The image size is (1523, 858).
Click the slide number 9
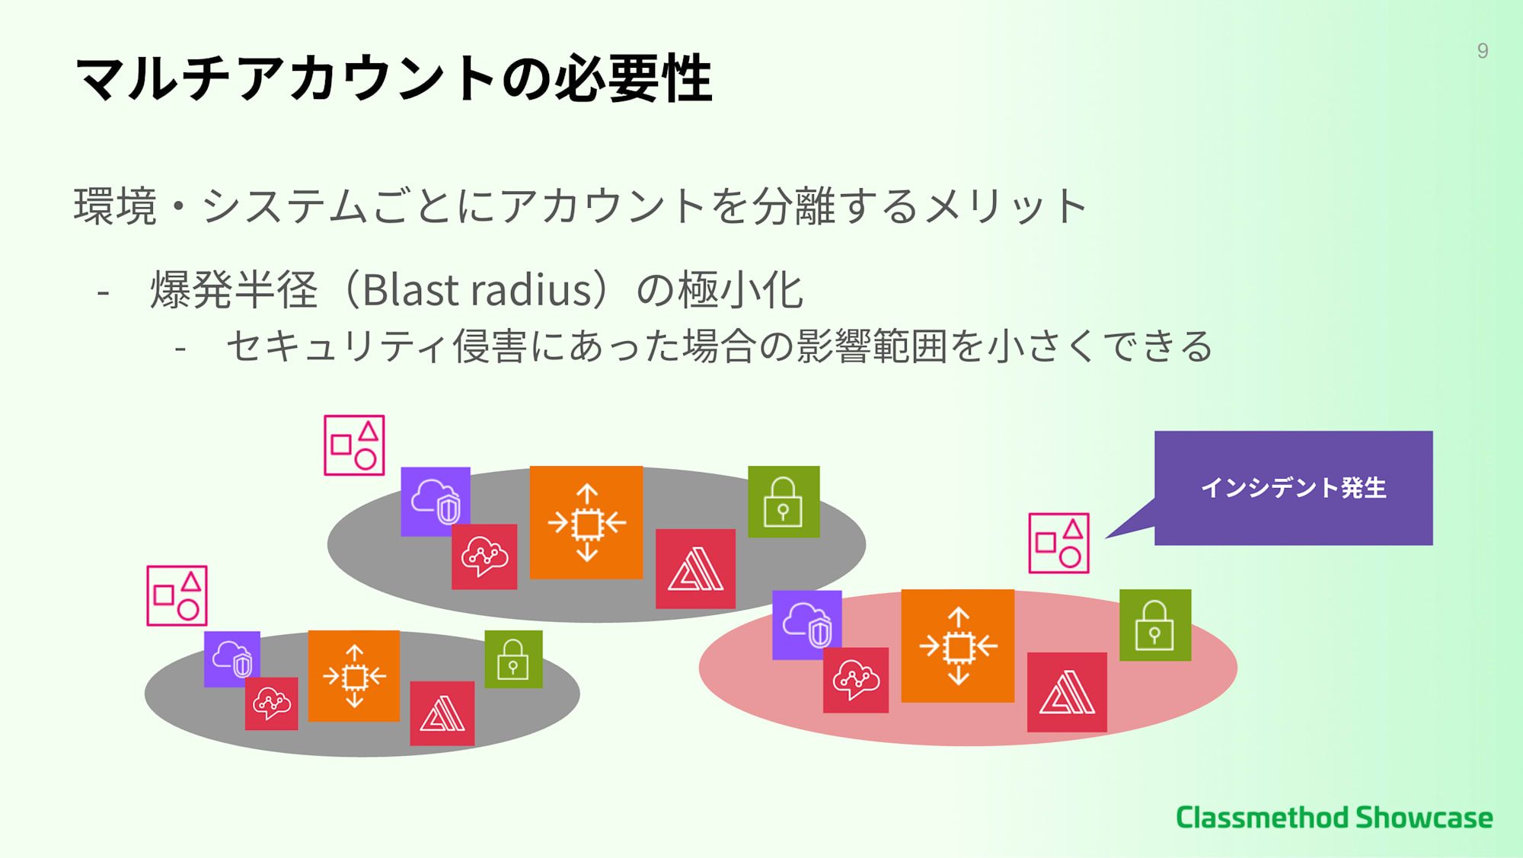click(x=1482, y=50)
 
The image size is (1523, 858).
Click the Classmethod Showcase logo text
click(x=1334, y=817)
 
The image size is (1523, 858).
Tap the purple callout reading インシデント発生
click(x=1293, y=488)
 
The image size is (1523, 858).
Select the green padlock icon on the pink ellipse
click(x=1155, y=624)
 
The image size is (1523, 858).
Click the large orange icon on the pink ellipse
click(x=958, y=646)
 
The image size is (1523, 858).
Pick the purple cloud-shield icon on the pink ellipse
click(x=807, y=624)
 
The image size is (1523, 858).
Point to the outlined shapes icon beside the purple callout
click(x=1058, y=543)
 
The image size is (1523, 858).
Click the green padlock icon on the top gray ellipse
click(x=784, y=502)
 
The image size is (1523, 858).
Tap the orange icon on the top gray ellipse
click(x=586, y=522)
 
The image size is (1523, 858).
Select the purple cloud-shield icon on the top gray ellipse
click(x=436, y=501)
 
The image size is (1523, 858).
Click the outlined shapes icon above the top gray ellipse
click(x=354, y=445)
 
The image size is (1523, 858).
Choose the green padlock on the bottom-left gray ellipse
click(x=514, y=659)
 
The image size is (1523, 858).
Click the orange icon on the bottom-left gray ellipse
click(x=354, y=675)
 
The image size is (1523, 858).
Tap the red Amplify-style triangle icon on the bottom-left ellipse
click(x=442, y=713)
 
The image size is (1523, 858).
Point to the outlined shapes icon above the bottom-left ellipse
click(x=177, y=595)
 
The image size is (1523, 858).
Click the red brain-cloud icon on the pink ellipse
click(x=856, y=680)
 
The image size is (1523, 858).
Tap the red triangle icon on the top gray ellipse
click(x=695, y=569)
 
